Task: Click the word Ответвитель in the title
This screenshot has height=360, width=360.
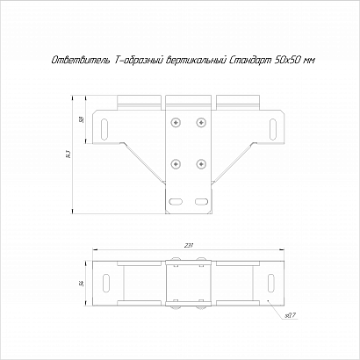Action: tap(81, 61)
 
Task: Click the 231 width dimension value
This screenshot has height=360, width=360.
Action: tap(188, 246)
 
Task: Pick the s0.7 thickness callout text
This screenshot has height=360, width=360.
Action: tap(291, 315)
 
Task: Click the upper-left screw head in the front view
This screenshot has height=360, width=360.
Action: tap(176, 122)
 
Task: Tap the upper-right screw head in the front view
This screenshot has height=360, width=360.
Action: tap(201, 122)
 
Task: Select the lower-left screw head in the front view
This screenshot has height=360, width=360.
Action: tap(176, 164)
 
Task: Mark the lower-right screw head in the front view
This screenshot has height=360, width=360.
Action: tap(201, 164)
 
